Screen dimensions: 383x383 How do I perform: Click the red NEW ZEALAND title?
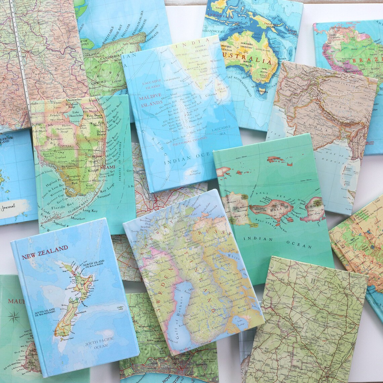(45, 252)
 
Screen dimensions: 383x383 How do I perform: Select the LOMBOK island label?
(316, 204)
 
